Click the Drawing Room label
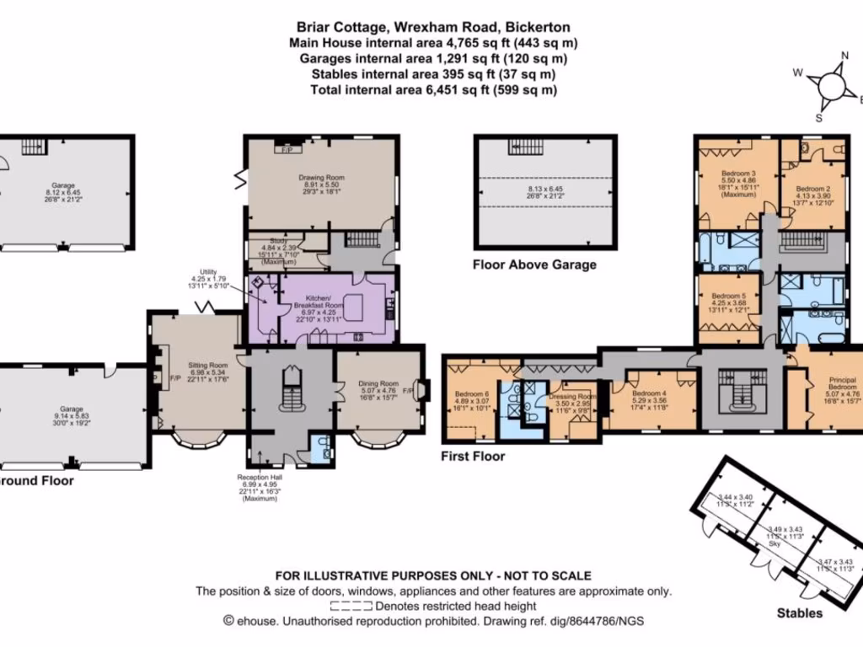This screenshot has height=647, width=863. click(x=322, y=178)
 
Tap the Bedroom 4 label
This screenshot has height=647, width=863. click(x=649, y=393)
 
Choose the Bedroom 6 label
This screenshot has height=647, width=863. click(x=471, y=394)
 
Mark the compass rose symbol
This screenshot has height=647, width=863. click(x=830, y=84)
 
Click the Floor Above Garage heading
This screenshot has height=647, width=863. click(x=534, y=265)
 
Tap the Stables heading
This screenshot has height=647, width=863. click(x=799, y=613)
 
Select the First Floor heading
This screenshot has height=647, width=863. click(x=473, y=457)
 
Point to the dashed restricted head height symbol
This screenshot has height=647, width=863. click(x=351, y=606)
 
